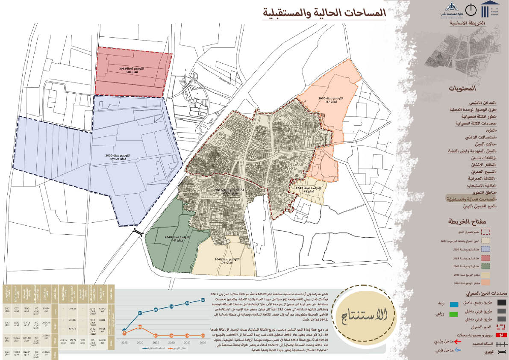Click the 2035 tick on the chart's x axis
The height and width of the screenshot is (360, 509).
tap(156, 343)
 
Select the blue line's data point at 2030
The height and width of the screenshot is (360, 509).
tap(141, 313)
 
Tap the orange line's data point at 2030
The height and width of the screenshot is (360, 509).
tap(141, 328)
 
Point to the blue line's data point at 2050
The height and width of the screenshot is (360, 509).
tap(203, 300)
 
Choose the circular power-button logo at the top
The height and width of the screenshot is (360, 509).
tap(471, 9)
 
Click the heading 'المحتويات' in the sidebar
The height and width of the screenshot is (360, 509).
tap(462, 89)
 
